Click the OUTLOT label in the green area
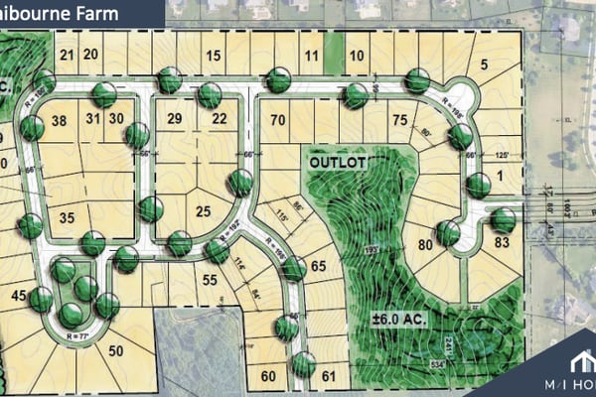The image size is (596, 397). pyautogui.click(x=335, y=161)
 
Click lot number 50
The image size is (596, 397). pyautogui.click(x=116, y=350)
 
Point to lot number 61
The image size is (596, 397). pyautogui.click(x=330, y=376)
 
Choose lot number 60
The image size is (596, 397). pyautogui.click(x=268, y=376)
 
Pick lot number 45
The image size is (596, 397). pyautogui.click(x=18, y=295)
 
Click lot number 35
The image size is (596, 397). pyautogui.click(x=68, y=218)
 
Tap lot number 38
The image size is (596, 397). pyautogui.click(x=59, y=121)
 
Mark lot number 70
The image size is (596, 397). pyautogui.click(x=278, y=121)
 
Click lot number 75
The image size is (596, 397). pyautogui.click(x=399, y=121)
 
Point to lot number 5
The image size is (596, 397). pyautogui.click(x=485, y=66)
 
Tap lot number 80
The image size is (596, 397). pyautogui.click(x=425, y=244)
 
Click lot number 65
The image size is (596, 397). pyautogui.click(x=318, y=266)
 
